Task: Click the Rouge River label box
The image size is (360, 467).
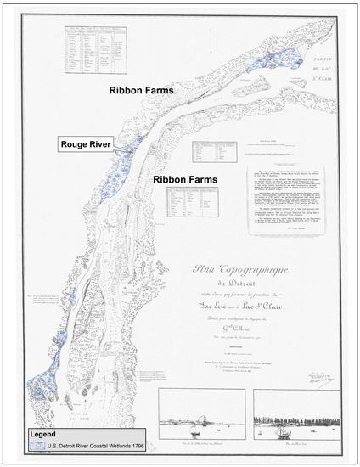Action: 91,143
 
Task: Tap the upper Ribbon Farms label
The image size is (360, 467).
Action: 140,88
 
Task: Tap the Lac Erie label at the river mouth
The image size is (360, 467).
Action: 53,411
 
